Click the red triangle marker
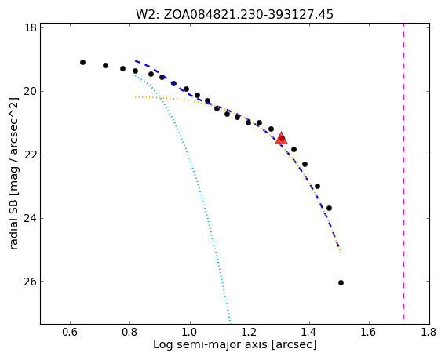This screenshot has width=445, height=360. (281, 139)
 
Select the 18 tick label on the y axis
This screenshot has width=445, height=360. (30, 27)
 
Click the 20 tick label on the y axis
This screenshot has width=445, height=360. (30, 91)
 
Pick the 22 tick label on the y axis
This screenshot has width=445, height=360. (30, 155)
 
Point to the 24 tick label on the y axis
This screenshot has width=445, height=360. (30, 219)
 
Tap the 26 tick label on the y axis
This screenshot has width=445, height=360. (30, 282)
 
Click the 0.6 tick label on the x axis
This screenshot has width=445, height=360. (70, 332)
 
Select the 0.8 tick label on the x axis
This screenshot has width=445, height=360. (130, 332)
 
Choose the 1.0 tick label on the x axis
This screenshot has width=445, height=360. (190, 332)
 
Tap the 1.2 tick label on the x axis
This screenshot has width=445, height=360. (250, 332)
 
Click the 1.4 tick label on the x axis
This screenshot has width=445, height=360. (310, 332)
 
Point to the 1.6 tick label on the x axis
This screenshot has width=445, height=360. (369, 332)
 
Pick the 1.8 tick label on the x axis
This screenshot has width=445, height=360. (429, 332)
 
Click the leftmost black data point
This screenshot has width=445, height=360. (82, 63)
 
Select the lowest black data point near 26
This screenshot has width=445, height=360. (341, 283)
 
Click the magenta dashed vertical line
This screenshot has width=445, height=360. (403, 173)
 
